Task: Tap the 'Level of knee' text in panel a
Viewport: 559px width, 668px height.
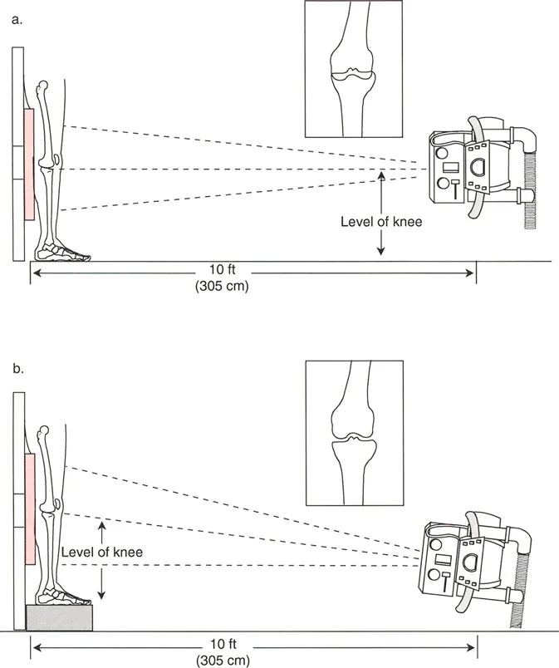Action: coord(381,222)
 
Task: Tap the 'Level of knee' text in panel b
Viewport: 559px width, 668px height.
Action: coord(101,552)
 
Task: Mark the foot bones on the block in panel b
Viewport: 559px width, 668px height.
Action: coord(65,597)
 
